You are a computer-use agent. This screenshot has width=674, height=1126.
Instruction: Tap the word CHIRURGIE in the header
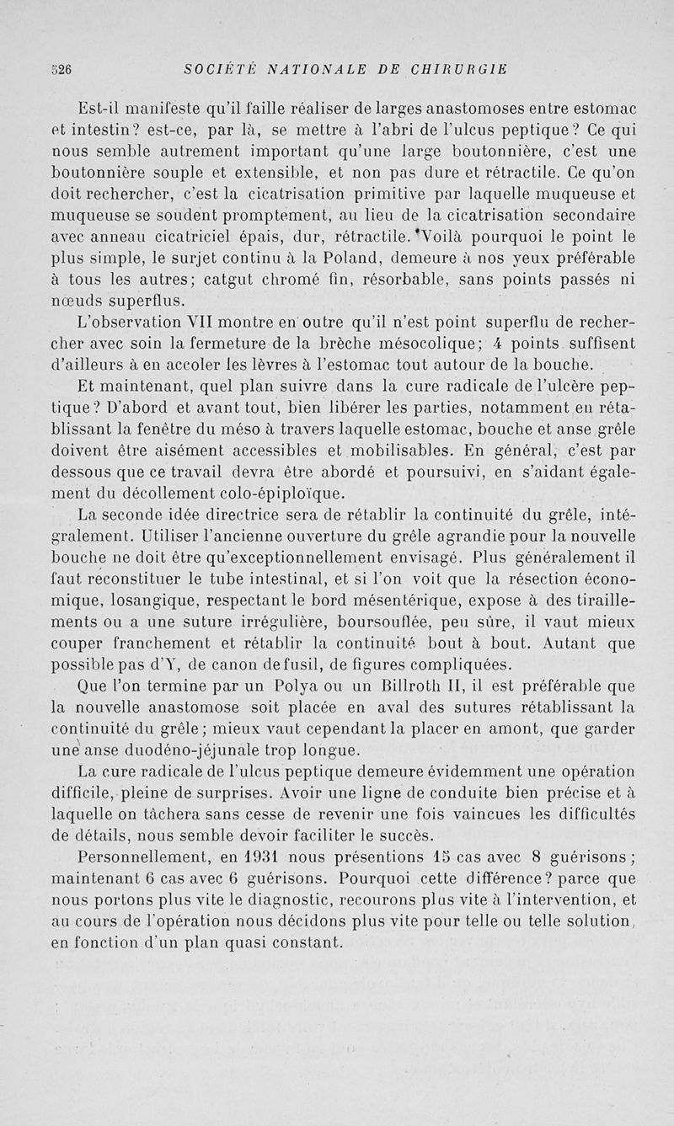[x=457, y=70]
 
